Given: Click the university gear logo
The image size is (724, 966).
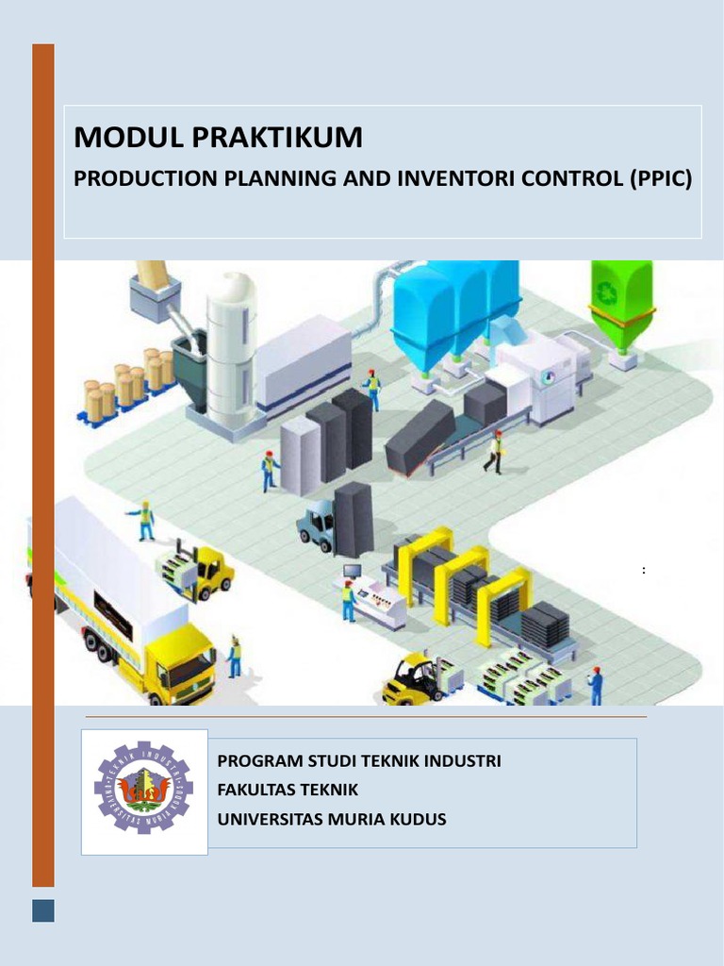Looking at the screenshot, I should [143, 791].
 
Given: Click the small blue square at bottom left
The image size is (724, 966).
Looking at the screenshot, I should [43, 910].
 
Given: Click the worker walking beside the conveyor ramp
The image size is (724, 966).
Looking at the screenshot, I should [494, 452].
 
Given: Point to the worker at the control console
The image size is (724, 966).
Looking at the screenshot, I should [349, 601].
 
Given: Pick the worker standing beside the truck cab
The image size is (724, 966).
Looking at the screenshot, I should [234, 658].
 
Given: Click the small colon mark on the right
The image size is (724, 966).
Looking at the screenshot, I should [644, 570].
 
